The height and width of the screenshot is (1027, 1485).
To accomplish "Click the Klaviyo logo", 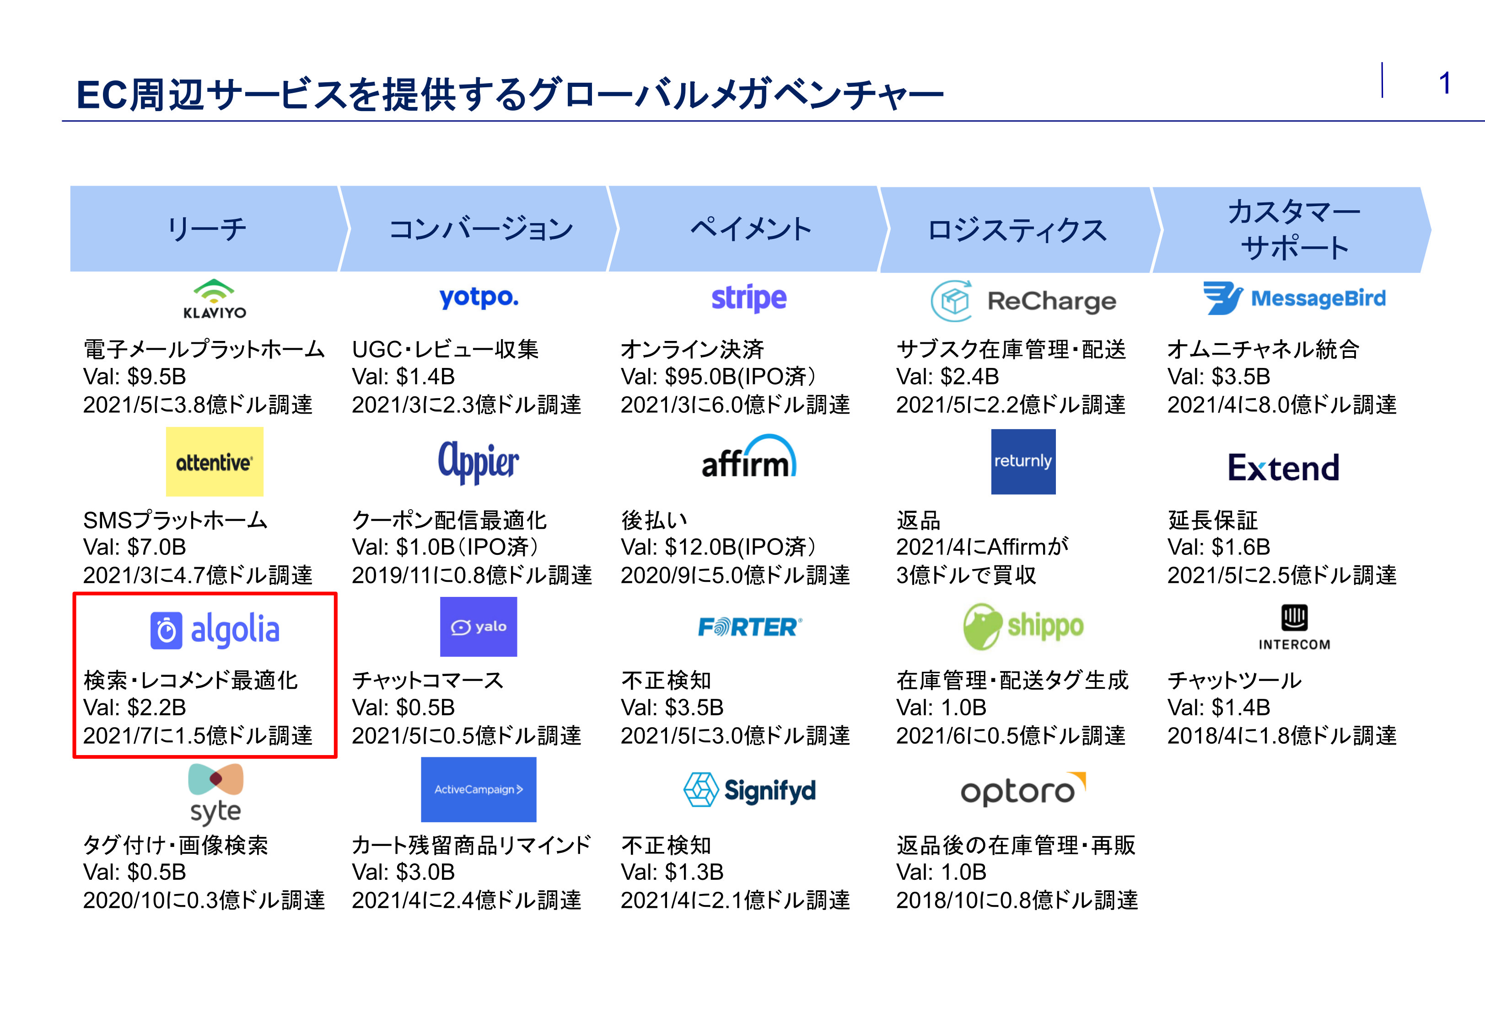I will (x=215, y=299).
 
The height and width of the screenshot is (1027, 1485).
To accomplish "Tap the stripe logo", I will (x=748, y=298).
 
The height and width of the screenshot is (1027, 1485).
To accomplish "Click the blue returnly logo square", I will (x=1022, y=461).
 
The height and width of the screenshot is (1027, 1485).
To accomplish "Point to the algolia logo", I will (x=215, y=629).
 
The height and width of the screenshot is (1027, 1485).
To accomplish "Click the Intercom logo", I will (x=1294, y=628).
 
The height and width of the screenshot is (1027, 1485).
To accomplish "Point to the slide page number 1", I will (x=1444, y=84).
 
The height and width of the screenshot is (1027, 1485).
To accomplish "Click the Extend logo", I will (x=1283, y=468).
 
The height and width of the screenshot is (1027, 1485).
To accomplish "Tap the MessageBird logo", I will (x=1294, y=298).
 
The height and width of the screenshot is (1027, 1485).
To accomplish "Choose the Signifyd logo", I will (x=749, y=790).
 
